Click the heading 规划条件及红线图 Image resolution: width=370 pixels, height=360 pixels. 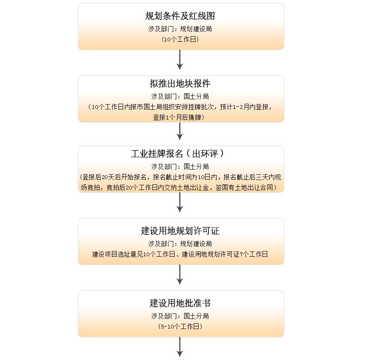180,16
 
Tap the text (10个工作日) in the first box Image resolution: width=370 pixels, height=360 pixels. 180,39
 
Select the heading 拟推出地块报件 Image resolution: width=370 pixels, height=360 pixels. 180,83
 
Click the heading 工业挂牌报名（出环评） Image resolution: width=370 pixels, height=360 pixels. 178,153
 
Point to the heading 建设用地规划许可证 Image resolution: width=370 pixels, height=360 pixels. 180,231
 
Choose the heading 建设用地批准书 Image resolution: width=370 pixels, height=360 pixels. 180,303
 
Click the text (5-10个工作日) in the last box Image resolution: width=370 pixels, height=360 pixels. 180,326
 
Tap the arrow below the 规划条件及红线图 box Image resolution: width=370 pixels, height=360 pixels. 180,60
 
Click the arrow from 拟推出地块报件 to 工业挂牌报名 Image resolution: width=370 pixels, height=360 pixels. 180,131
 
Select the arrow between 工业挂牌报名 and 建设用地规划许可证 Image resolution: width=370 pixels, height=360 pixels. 180,202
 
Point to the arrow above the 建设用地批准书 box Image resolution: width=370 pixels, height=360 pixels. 180,275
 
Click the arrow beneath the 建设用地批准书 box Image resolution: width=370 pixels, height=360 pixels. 180,347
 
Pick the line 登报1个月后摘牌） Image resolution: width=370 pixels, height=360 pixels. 178,117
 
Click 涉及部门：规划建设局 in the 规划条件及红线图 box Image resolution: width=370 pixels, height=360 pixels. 180,29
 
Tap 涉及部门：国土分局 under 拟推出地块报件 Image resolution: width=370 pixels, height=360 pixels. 180,96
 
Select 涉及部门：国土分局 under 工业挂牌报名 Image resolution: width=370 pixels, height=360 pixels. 180,166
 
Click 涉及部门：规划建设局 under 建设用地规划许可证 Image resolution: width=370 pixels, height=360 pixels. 180,244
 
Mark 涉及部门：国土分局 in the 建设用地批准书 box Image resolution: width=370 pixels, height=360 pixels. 180,316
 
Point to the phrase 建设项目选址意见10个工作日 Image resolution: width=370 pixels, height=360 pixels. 134,254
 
